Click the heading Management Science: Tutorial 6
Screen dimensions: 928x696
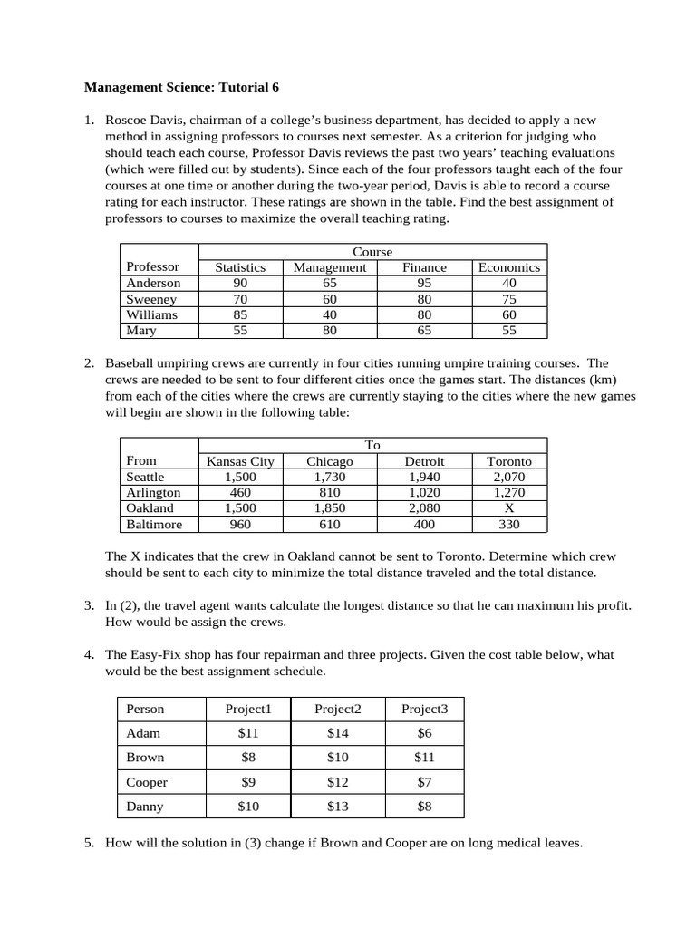pyautogui.click(x=182, y=88)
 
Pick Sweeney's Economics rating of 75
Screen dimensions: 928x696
pyautogui.click(x=508, y=299)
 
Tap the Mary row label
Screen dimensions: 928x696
pyautogui.click(x=141, y=331)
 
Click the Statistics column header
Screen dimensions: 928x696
pyautogui.click(x=240, y=267)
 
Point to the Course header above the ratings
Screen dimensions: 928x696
pyautogui.click(x=372, y=251)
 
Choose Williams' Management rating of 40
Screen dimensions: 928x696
pyautogui.click(x=330, y=314)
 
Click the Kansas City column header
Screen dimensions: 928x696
pyautogui.click(x=240, y=461)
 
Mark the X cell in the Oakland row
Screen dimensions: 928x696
pyautogui.click(x=508, y=508)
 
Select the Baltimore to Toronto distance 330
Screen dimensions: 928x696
pyautogui.click(x=508, y=525)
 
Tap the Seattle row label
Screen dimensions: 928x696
pyautogui.click(x=146, y=477)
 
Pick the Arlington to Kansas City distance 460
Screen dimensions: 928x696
pyautogui.click(x=240, y=493)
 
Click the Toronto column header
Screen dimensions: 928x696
pyautogui.click(x=508, y=461)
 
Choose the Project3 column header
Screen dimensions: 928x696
pyautogui.click(x=424, y=709)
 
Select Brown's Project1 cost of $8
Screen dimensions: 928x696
pyautogui.click(x=247, y=758)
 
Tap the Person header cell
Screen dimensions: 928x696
pyautogui.click(x=145, y=709)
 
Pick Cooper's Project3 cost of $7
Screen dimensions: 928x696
pyautogui.click(x=424, y=782)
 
